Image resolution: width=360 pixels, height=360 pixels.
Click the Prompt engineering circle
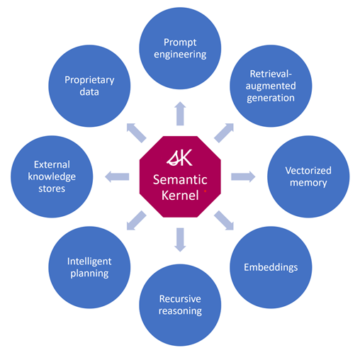pos(180,48)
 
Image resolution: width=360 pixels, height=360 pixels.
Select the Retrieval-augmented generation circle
pos(271,86)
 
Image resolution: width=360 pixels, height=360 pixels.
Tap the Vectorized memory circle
pos(308,176)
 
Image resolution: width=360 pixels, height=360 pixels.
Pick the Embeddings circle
pos(271,267)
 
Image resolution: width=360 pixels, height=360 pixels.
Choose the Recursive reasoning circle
pos(180,305)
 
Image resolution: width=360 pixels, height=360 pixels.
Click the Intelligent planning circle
pos(89,267)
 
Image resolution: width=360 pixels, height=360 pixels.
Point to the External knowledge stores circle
pos(52,176)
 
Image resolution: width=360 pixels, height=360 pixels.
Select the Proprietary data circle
pos(89,86)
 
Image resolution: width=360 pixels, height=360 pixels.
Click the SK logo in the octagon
pos(179,157)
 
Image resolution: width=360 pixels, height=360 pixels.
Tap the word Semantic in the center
pos(180,180)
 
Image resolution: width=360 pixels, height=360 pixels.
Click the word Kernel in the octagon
pos(180,196)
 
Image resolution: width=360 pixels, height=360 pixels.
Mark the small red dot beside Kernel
pos(205,191)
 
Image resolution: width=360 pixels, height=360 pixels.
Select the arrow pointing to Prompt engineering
pos(180,113)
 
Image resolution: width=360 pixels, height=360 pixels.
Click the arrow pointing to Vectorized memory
pos(243,176)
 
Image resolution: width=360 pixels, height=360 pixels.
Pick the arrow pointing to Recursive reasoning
pos(180,240)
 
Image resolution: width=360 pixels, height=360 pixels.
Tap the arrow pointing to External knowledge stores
pos(117,176)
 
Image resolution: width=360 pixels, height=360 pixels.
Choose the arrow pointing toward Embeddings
pos(224,220)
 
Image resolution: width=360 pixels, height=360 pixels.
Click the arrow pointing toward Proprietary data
pos(136,133)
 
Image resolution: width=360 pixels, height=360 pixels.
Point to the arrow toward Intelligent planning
pos(136,220)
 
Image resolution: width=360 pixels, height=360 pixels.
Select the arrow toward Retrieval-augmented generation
pos(224,133)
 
